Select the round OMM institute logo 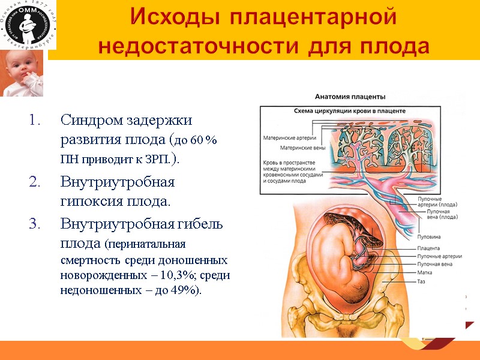[x=28, y=26]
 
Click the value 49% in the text [x=187, y=292]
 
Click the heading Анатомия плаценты [x=350, y=97]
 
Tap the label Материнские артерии [x=287, y=137]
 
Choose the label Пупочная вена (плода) [x=442, y=215]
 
